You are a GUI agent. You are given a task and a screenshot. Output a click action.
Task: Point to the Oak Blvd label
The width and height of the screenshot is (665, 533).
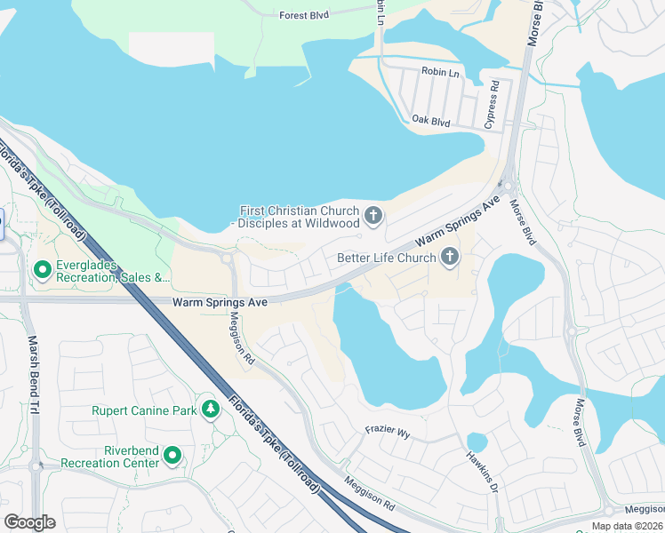point(431,120)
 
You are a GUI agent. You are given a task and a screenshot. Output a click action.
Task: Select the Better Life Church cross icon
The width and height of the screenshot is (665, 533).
point(450,259)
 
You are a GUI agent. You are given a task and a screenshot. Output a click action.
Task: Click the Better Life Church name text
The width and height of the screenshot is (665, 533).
point(387,259)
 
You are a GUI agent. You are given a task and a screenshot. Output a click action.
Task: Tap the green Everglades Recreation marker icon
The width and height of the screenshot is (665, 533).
point(41,268)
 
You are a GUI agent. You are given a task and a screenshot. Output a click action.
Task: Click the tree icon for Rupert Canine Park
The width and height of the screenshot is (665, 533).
point(211,410)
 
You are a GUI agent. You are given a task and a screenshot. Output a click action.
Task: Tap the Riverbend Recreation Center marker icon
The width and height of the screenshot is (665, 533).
point(172,457)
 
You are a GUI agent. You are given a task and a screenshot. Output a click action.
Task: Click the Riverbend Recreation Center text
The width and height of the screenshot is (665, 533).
point(109,457)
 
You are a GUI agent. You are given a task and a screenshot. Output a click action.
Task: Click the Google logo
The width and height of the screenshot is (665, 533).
point(29,521)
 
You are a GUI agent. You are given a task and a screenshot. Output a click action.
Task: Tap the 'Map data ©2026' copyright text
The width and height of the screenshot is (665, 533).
point(627,526)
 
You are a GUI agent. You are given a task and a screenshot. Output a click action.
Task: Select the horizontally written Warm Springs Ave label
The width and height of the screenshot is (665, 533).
point(220,303)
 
